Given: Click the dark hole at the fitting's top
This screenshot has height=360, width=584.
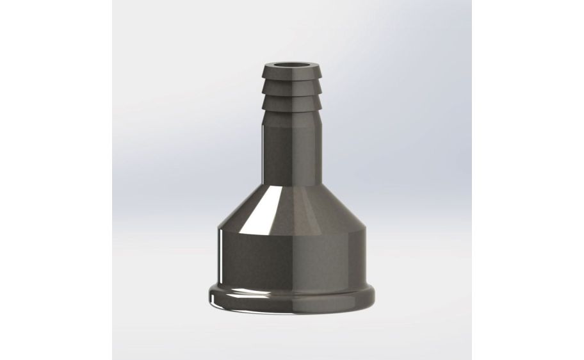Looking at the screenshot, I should click(292, 65).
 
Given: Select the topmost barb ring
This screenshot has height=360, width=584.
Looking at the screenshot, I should click(292, 77).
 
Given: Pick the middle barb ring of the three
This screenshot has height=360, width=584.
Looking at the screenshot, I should click(292, 90).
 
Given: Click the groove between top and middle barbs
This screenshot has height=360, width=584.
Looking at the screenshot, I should click(292, 83).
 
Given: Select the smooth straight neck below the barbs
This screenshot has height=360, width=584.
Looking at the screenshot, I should click(292, 154).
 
